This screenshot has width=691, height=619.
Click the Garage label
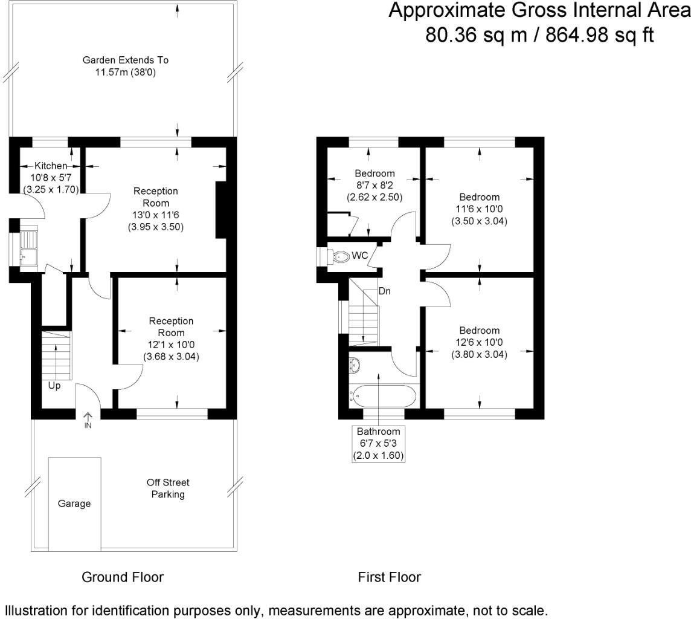[74, 504]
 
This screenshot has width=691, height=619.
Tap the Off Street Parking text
[168, 488]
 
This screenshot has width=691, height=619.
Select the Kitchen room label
[51, 166]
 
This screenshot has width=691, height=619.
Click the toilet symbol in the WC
[341, 256]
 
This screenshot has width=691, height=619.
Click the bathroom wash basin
[355, 365]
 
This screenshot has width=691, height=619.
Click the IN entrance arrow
[88, 420]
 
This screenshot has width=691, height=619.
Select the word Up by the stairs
[54, 385]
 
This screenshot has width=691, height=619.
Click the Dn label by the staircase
[385, 291]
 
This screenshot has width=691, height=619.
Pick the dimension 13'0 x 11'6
[155, 215]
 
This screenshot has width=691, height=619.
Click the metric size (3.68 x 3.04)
[171, 357]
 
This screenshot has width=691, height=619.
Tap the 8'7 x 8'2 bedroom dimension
[374, 185]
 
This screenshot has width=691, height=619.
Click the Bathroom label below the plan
[378, 432]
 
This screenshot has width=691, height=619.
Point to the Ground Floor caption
[123, 577]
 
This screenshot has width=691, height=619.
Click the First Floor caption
[390, 577]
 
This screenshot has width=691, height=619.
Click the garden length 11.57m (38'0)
[126, 73]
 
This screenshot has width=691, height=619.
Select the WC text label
[361, 256]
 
